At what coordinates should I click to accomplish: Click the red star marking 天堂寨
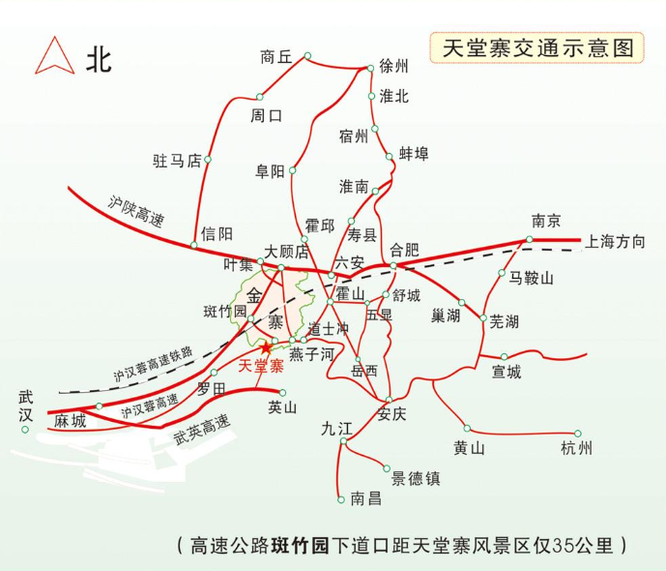click(266, 346)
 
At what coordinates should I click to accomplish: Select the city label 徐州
click(394, 66)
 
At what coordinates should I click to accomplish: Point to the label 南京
click(546, 220)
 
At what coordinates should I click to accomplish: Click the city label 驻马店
click(176, 160)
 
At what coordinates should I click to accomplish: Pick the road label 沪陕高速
click(135, 216)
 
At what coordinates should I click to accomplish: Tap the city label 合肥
click(406, 249)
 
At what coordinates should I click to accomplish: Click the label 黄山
click(468, 447)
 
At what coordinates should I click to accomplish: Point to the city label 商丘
click(275, 57)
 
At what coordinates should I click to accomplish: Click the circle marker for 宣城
click(504, 356)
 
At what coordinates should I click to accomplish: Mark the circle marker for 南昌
click(341, 499)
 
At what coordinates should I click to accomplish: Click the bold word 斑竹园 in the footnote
click(303, 544)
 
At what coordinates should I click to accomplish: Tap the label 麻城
click(70, 421)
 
